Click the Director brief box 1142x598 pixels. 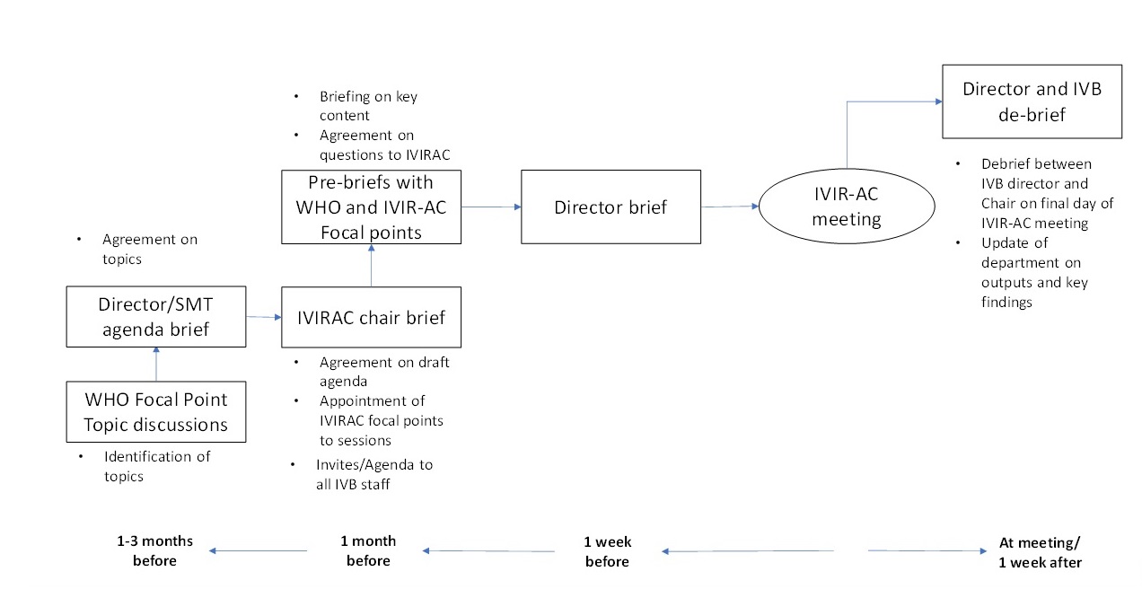(x=611, y=207)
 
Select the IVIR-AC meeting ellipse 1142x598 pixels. (x=860, y=206)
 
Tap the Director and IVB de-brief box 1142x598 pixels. (x=1032, y=101)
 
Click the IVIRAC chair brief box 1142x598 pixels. (x=371, y=317)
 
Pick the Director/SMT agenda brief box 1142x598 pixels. (x=155, y=317)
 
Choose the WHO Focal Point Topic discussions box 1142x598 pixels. (x=155, y=411)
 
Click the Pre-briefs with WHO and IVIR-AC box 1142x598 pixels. (x=371, y=207)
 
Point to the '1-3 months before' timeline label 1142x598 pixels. (x=146, y=551)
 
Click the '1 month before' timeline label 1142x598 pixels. (x=368, y=551)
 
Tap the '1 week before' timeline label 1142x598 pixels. (x=608, y=551)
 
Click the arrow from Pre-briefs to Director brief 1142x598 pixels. (x=491, y=207)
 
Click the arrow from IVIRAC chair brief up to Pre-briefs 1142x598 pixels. (x=371, y=266)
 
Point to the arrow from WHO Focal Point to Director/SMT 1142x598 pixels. (x=156, y=364)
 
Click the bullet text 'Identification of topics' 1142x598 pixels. (x=156, y=466)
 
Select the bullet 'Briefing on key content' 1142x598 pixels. (x=368, y=106)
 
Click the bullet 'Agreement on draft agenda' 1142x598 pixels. (x=383, y=372)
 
